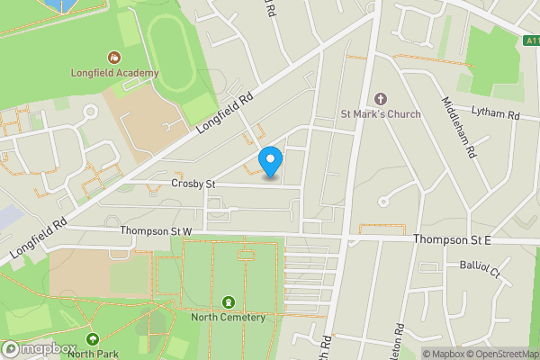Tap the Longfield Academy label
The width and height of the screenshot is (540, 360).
coord(115,73)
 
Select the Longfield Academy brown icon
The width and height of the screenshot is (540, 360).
coord(114,56)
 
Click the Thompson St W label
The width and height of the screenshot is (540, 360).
coord(157,232)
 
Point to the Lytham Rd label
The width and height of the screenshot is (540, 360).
coord(497,116)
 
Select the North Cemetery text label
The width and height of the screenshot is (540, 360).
coord(229,318)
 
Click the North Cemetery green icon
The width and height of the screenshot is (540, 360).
coord(229,302)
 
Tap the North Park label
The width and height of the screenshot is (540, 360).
coord(93,354)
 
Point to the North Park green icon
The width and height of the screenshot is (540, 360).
coord(93,339)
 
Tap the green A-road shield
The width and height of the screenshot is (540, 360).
coord(531,40)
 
